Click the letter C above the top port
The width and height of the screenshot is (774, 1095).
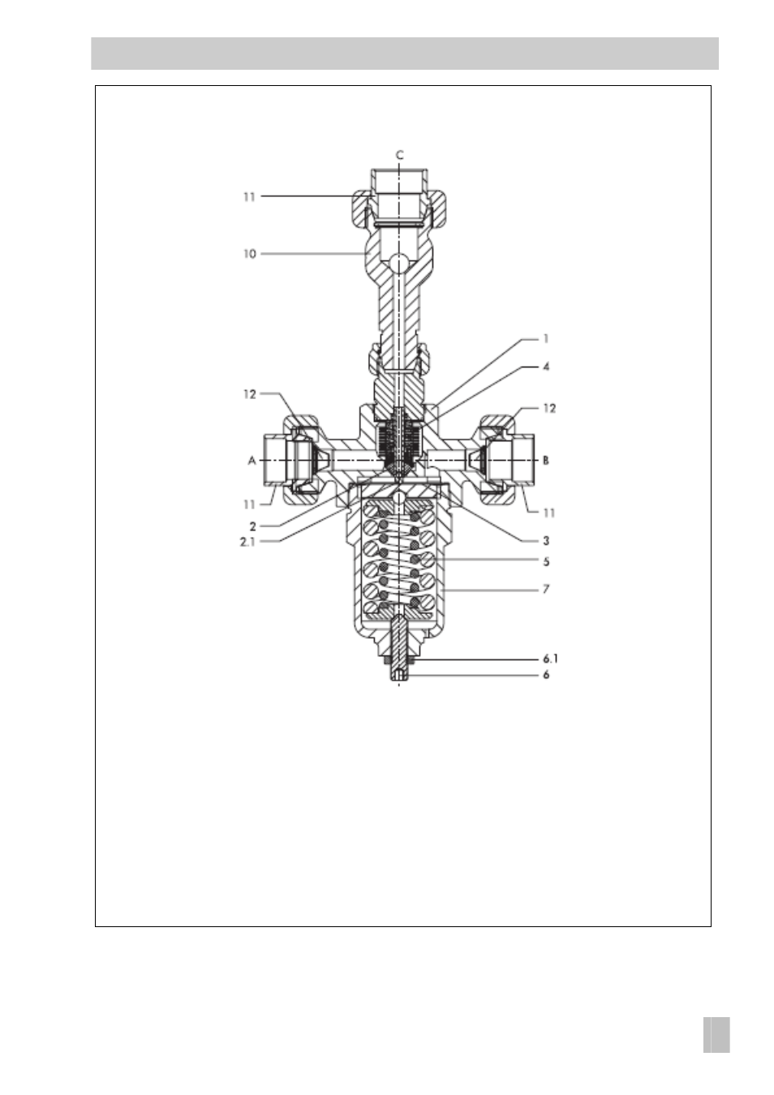coord(399,156)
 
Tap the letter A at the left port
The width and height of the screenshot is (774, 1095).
coord(252,461)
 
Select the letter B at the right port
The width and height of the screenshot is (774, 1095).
coord(546,461)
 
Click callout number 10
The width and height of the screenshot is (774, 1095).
coord(250,254)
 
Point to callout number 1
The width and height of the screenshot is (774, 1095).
coord(546,339)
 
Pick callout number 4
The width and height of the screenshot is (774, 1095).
coord(546,366)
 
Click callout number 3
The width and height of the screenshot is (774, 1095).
coord(546,541)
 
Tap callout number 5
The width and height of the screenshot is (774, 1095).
coord(546,561)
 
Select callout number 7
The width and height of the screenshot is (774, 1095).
coord(546,589)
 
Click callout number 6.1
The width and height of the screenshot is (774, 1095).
coord(550,659)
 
